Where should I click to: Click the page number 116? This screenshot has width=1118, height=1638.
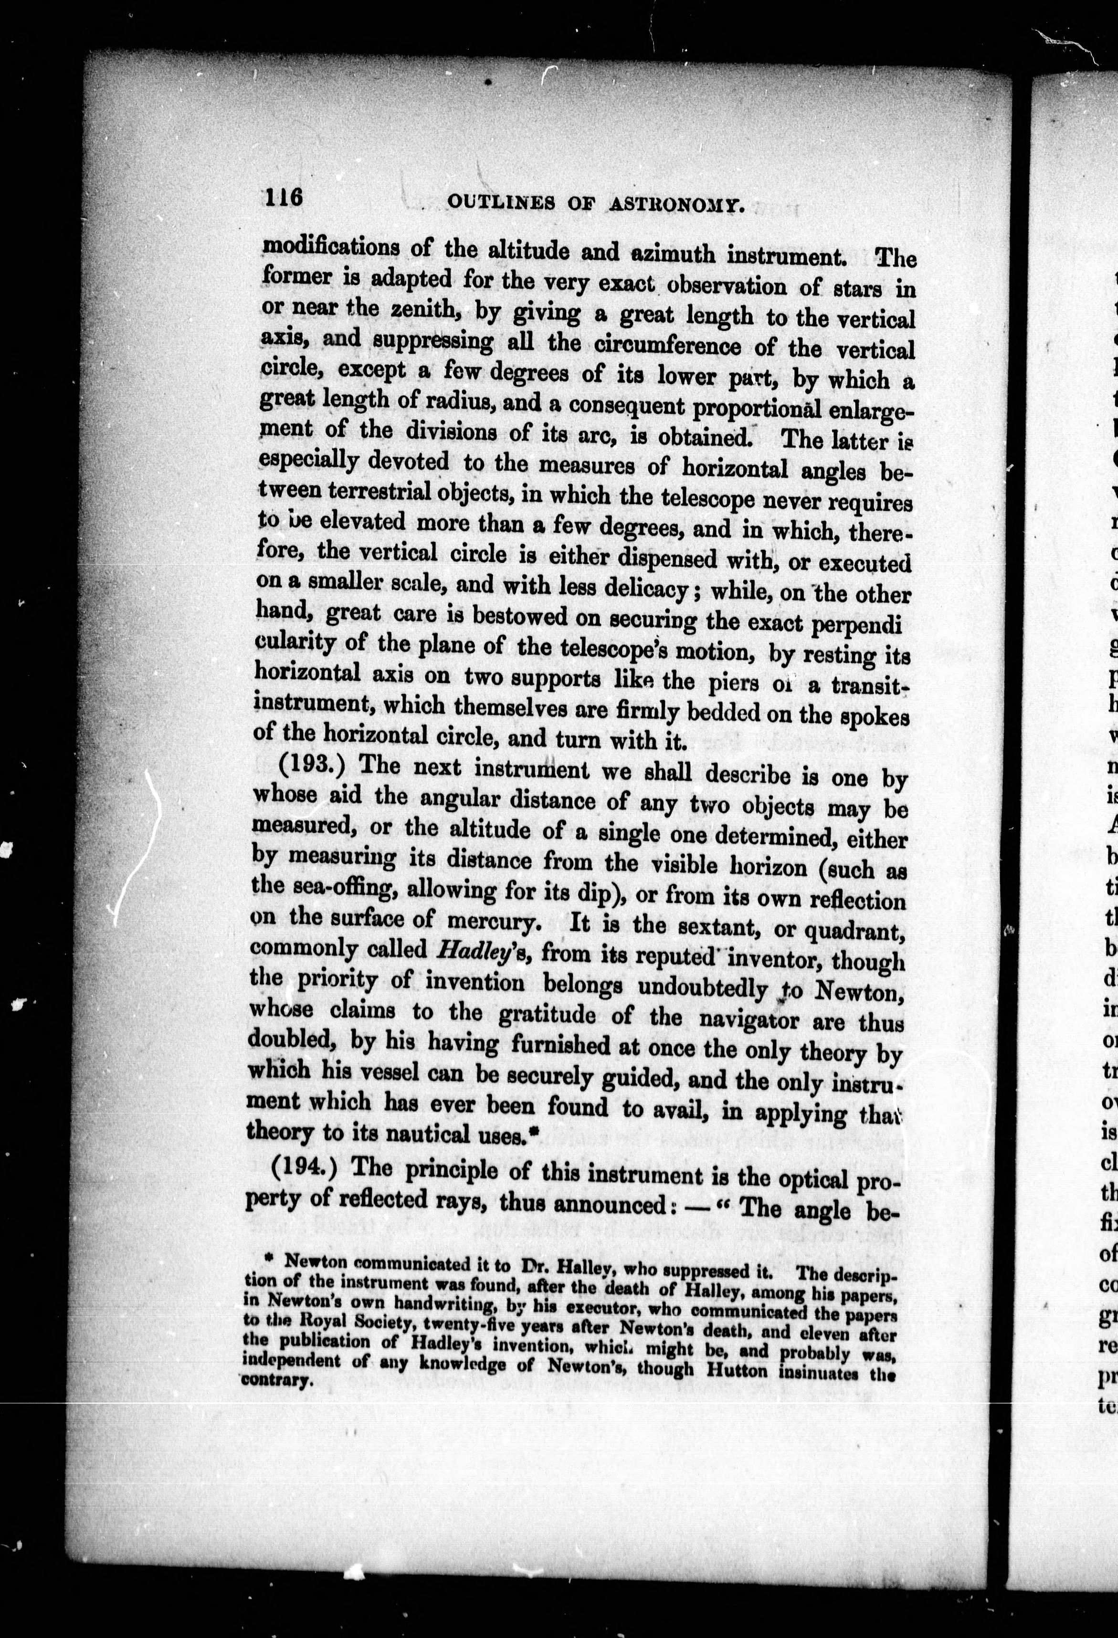point(284,197)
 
